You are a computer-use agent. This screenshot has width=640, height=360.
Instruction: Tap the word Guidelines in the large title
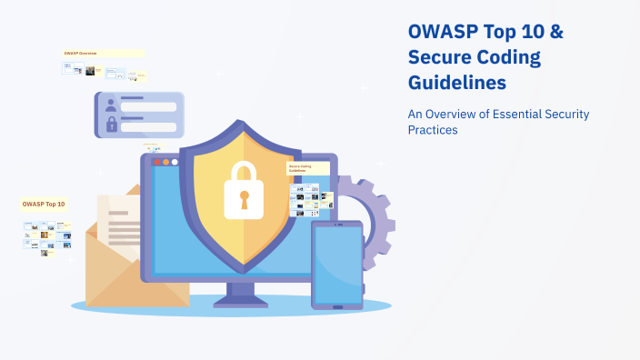tap(456, 84)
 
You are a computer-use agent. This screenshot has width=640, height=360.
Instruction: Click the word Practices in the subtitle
tap(432, 130)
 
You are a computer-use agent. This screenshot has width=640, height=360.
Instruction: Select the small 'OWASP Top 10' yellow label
tap(44, 205)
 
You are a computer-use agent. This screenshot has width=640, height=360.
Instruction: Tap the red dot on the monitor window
tap(156, 162)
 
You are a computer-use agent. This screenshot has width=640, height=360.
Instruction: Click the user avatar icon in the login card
tap(111, 105)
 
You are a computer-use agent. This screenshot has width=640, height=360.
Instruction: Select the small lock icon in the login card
tap(111, 124)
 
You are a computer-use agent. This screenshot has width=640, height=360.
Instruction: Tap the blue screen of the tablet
tap(337, 264)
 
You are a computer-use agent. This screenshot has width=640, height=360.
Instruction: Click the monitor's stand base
tap(239, 300)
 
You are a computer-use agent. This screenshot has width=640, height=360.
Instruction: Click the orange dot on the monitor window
tap(165, 162)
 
